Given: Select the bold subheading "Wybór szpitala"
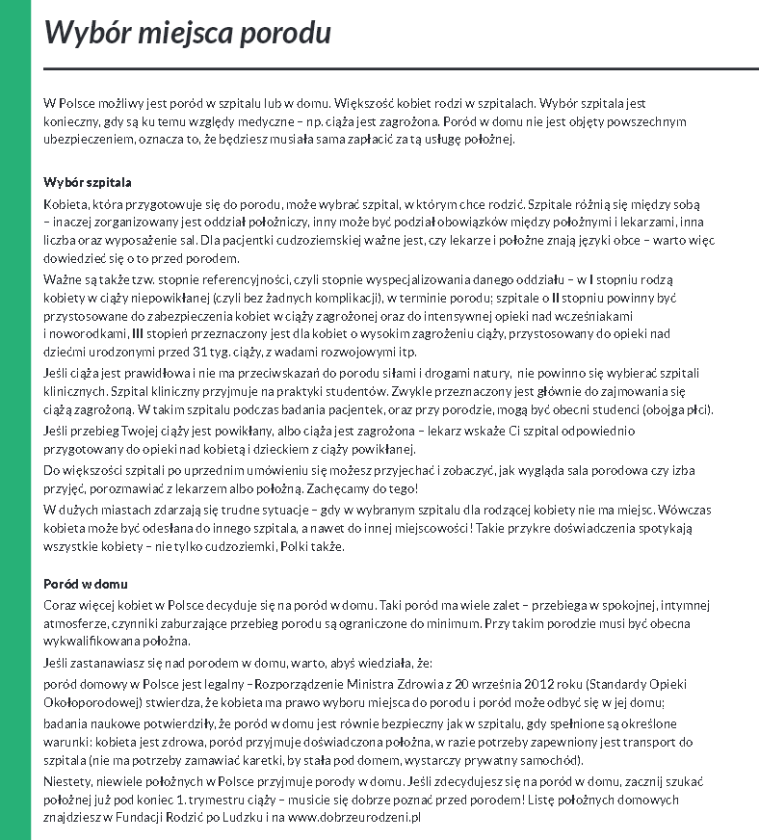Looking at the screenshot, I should click(88, 182).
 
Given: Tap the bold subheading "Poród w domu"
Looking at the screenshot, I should click(86, 584).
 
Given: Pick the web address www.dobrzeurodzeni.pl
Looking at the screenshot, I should click(354, 817).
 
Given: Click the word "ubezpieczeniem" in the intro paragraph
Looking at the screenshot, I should click(91, 140).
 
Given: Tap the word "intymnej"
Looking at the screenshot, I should click(684, 605).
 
